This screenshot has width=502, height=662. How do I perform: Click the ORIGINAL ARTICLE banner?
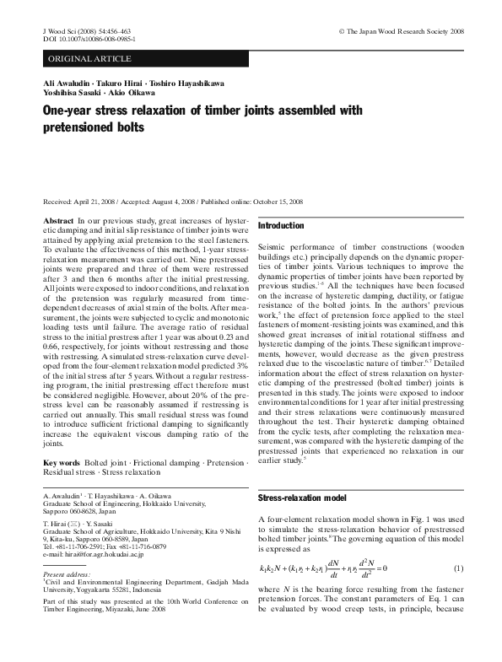(90, 58)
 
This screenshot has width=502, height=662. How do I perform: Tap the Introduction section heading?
(280, 226)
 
